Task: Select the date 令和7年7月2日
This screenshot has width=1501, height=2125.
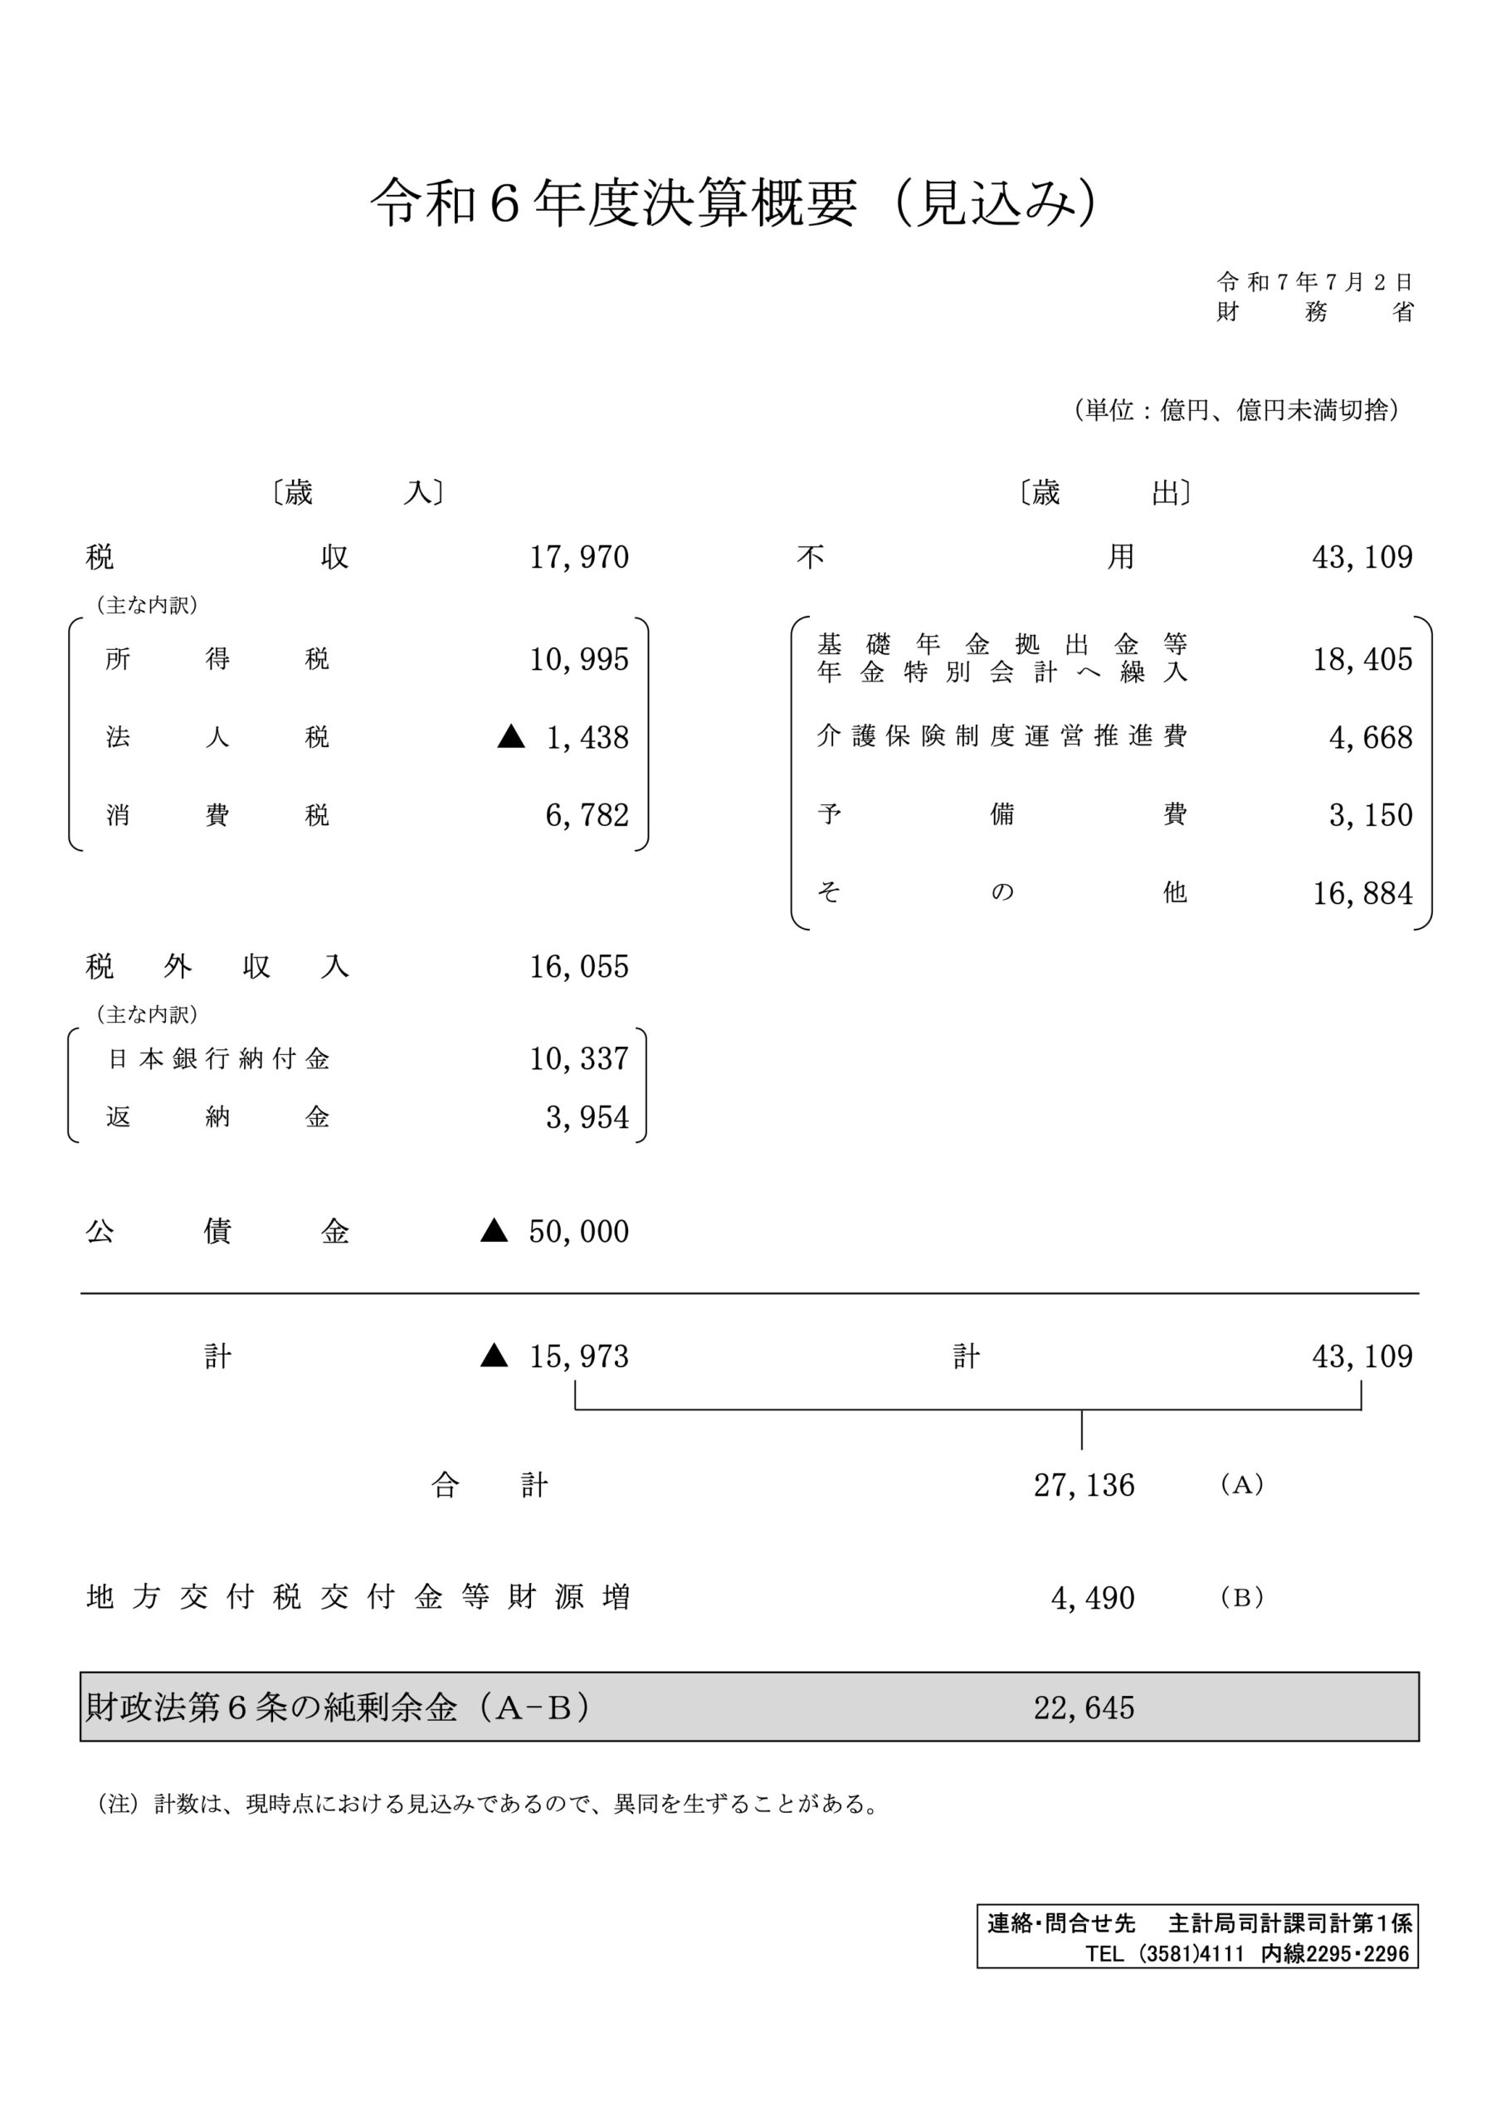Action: tap(1314, 282)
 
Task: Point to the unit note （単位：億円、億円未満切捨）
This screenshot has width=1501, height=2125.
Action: tap(1236, 410)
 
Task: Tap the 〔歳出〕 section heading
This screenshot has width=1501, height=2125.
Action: tap(1104, 492)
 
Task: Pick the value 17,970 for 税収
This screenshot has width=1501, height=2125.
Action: tap(579, 557)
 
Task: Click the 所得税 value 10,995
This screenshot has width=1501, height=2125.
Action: tap(579, 659)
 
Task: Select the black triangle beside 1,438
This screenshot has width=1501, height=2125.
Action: tap(511, 737)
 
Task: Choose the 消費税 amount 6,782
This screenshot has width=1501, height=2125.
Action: tap(587, 815)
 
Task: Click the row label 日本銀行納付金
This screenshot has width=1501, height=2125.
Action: tap(219, 1059)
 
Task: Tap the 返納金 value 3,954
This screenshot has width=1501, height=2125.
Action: tap(587, 1118)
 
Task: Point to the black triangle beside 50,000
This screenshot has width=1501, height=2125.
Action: tap(495, 1231)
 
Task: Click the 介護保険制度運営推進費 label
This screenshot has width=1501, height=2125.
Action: tap(1001, 737)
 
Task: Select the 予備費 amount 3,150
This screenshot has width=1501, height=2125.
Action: tap(1371, 815)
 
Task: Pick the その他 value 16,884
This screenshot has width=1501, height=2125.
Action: tap(1362, 893)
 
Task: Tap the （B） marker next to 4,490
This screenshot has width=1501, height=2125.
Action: tap(1242, 1597)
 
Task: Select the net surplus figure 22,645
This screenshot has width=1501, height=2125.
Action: tap(1084, 1707)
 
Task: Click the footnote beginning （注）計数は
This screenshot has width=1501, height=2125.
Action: tap(488, 1804)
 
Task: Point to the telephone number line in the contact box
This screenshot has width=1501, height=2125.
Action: tap(1246, 1954)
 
